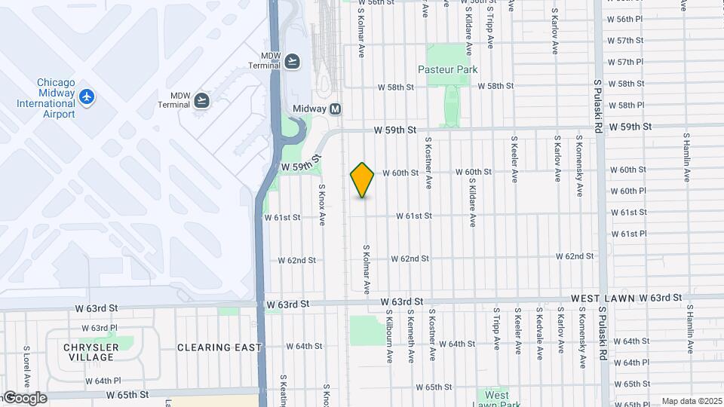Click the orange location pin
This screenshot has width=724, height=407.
363,180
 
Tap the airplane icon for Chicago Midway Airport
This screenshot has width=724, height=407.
87,97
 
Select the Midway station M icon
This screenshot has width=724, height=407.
336,109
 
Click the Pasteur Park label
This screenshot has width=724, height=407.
448,69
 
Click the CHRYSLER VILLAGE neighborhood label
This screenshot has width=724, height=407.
91,352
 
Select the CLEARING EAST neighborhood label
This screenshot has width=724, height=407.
219,347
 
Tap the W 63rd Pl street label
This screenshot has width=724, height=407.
94,328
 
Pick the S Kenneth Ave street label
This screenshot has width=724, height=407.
411,335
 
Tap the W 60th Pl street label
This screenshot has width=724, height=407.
629,191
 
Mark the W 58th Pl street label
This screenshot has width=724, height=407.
626,106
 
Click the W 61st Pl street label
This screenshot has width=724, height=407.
629,234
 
